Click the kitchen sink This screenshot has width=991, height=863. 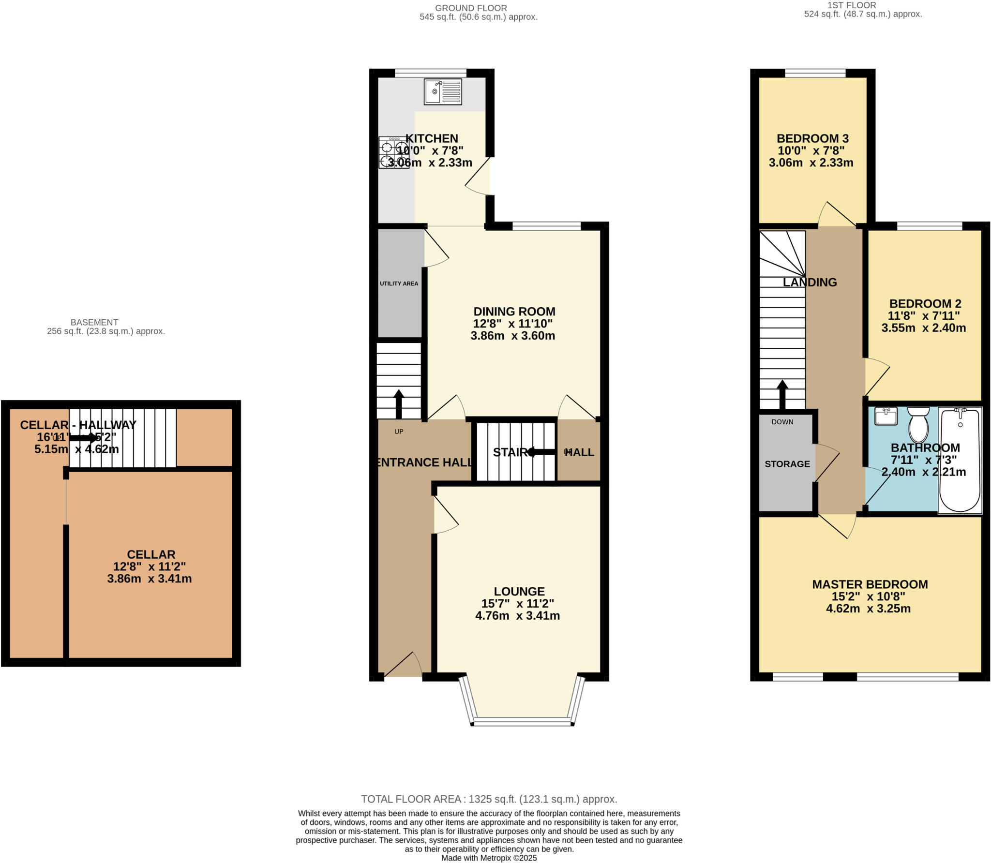pyautogui.click(x=443, y=92)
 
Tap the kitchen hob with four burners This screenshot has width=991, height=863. pyautogui.click(x=394, y=153)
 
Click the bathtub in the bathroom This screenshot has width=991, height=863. pyautogui.click(x=960, y=460)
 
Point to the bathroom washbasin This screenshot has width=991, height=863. pyautogui.click(x=886, y=416)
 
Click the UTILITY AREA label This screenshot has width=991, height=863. pyautogui.click(x=399, y=283)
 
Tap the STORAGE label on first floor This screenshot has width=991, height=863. pyautogui.click(x=787, y=464)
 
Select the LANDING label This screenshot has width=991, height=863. pyautogui.click(x=810, y=282)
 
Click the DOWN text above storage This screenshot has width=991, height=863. pyautogui.click(x=782, y=422)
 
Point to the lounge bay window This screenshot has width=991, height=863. pyautogui.click(x=522, y=722)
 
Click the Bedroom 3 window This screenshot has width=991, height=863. pyautogui.click(x=815, y=74)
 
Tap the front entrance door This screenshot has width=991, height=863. pyautogui.click(x=403, y=665)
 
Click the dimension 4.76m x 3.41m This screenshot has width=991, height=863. pyautogui.click(x=517, y=616)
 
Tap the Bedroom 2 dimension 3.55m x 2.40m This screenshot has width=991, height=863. pyautogui.click(x=923, y=328)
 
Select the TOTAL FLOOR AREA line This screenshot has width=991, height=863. pyautogui.click(x=489, y=799)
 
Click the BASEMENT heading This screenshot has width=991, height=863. pyautogui.click(x=94, y=322)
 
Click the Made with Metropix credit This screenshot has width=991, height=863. pyautogui.click(x=489, y=858)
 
